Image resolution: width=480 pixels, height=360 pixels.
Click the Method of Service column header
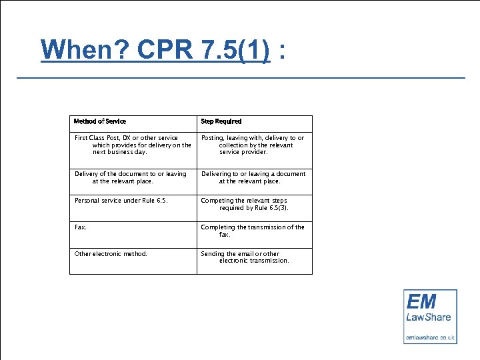(x=100, y=121)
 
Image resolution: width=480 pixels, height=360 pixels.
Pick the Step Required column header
(x=221, y=121)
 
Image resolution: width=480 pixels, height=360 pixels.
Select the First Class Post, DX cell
(x=133, y=145)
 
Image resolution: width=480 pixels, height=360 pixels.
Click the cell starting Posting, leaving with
(x=253, y=145)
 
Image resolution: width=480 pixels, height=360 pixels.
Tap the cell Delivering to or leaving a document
(x=253, y=177)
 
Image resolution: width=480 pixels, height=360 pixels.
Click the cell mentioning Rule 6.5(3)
(x=253, y=204)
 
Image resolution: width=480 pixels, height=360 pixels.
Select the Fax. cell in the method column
(x=81, y=227)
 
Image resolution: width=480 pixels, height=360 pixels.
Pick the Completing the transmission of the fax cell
(x=253, y=231)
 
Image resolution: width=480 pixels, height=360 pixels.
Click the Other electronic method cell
(x=111, y=253)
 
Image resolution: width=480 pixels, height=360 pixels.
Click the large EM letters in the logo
(x=421, y=301)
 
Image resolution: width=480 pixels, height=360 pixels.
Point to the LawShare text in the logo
(x=429, y=317)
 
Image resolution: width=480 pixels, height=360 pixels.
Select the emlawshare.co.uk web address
(x=430, y=337)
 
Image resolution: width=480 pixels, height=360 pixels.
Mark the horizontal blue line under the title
(x=240, y=78)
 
